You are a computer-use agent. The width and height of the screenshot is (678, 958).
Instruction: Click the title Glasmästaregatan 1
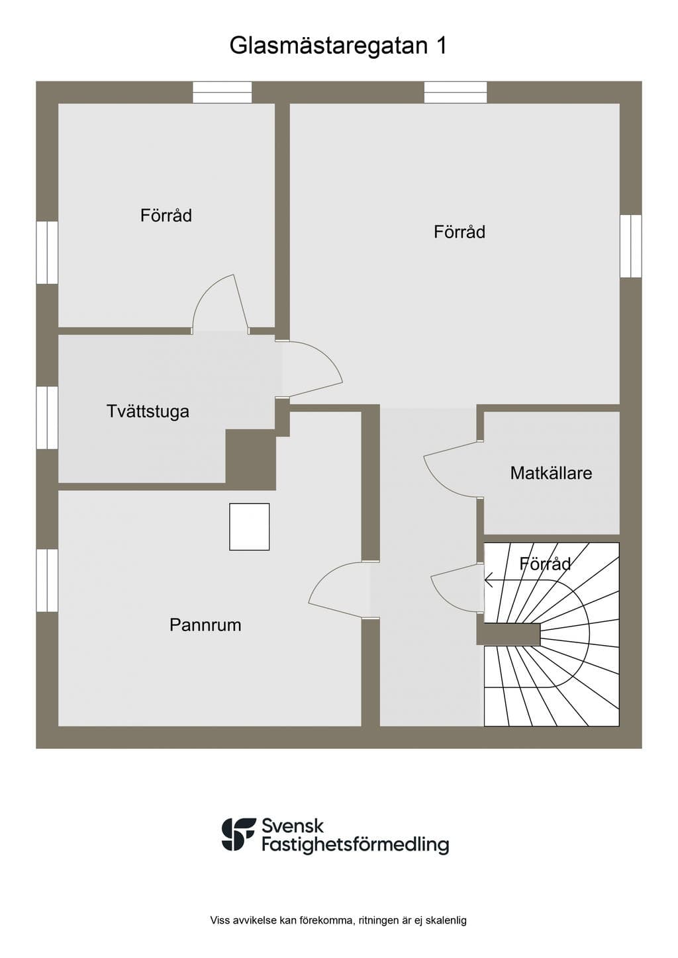[x=338, y=46]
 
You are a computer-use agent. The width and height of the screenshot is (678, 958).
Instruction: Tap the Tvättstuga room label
[x=148, y=412]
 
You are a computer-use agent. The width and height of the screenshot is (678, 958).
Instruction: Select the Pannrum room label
[x=205, y=625]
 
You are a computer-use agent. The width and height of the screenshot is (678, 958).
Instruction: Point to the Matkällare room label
[x=552, y=473]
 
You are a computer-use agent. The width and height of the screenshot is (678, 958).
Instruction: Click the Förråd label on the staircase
[x=546, y=564]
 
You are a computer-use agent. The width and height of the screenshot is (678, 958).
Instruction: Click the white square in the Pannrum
[x=249, y=527]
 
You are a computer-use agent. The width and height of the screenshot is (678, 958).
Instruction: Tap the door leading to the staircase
[x=457, y=588]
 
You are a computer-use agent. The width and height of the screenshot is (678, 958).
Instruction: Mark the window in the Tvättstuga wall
[x=47, y=418]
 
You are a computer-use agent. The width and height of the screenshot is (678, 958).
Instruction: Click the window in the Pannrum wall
[x=47, y=580]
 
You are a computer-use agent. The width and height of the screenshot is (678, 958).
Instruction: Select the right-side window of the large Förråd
[x=631, y=246]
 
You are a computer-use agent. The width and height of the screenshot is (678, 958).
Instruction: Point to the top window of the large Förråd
[x=456, y=93]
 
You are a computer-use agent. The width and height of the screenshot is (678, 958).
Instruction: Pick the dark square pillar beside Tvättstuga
[x=250, y=457]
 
